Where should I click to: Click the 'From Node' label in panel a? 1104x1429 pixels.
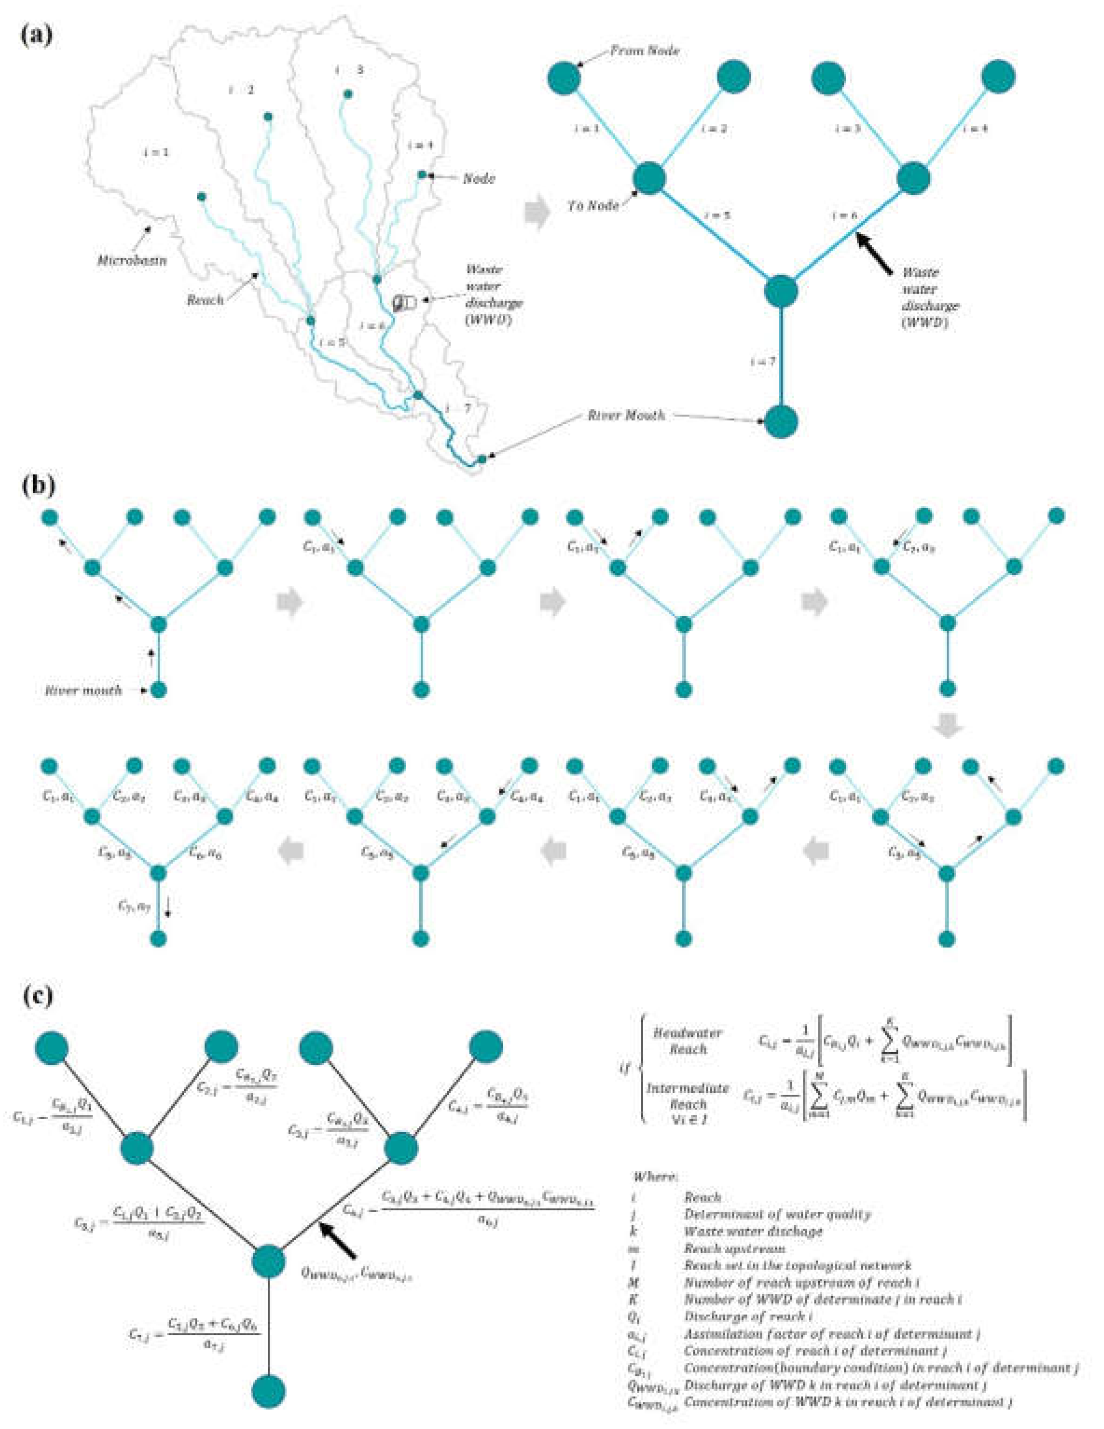click(645, 50)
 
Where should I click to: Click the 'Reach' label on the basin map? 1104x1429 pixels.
click(206, 300)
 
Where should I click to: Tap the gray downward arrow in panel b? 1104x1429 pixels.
click(947, 727)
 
